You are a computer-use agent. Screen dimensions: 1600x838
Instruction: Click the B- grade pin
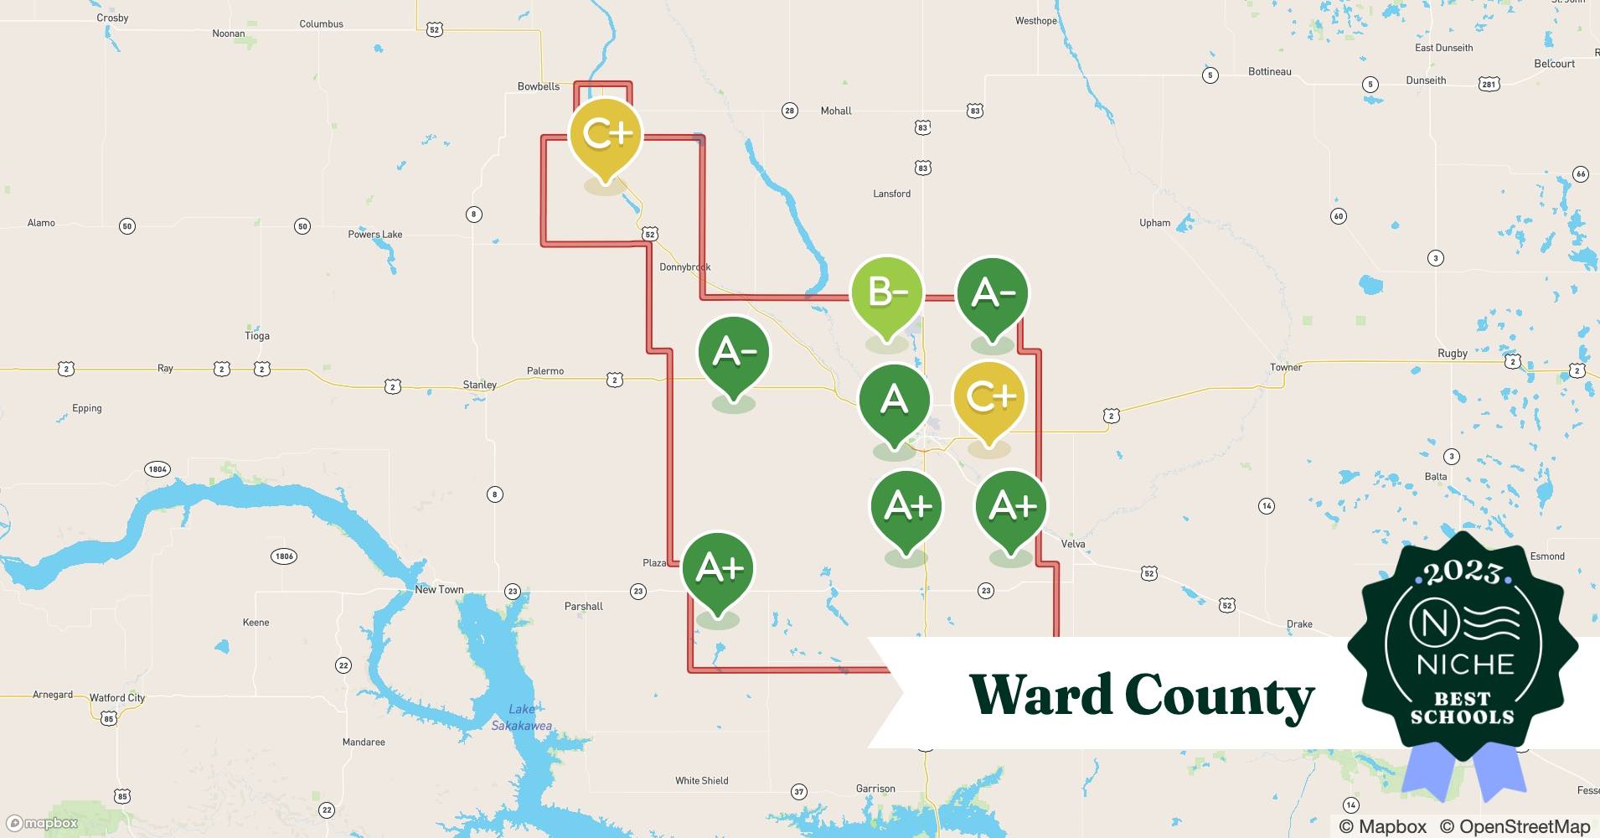(x=887, y=293)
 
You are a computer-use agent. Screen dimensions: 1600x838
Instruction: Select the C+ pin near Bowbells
(x=606, y=135)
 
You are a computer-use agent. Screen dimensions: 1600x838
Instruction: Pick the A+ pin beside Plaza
(x=719, y=569)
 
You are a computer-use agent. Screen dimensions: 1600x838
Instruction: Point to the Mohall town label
(x=836, y=111)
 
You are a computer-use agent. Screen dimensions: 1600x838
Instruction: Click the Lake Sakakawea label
(x=521, y=717)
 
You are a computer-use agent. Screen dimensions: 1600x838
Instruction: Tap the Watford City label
(x=117, y=697)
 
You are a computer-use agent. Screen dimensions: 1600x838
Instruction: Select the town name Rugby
(x=1453, y=353)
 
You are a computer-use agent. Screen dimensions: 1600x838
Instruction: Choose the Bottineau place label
(x=1270, y=72)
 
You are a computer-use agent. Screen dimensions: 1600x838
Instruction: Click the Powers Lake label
(x=375, y=235)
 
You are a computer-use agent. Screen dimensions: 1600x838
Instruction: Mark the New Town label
(x=439, y=590)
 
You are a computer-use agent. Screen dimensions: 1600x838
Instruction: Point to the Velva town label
(x=1073, y=544)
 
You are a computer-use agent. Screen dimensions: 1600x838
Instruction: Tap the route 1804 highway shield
(x=157, y=469)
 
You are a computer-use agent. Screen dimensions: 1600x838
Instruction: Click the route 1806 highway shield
(x=284, y=556)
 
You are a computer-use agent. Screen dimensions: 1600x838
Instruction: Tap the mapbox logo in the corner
(x=42, y=823)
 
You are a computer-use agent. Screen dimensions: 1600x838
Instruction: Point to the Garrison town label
(x=875, y=789)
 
